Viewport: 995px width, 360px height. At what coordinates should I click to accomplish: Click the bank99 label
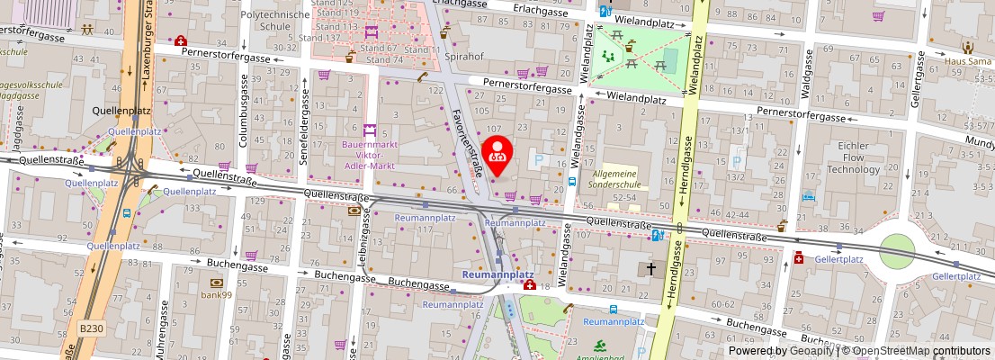(217, 294)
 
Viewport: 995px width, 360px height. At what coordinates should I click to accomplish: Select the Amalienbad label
(600, 356)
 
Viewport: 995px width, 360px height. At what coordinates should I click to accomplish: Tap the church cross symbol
(650, 269)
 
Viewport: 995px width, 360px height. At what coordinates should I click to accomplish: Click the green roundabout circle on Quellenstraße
(896, 251)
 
